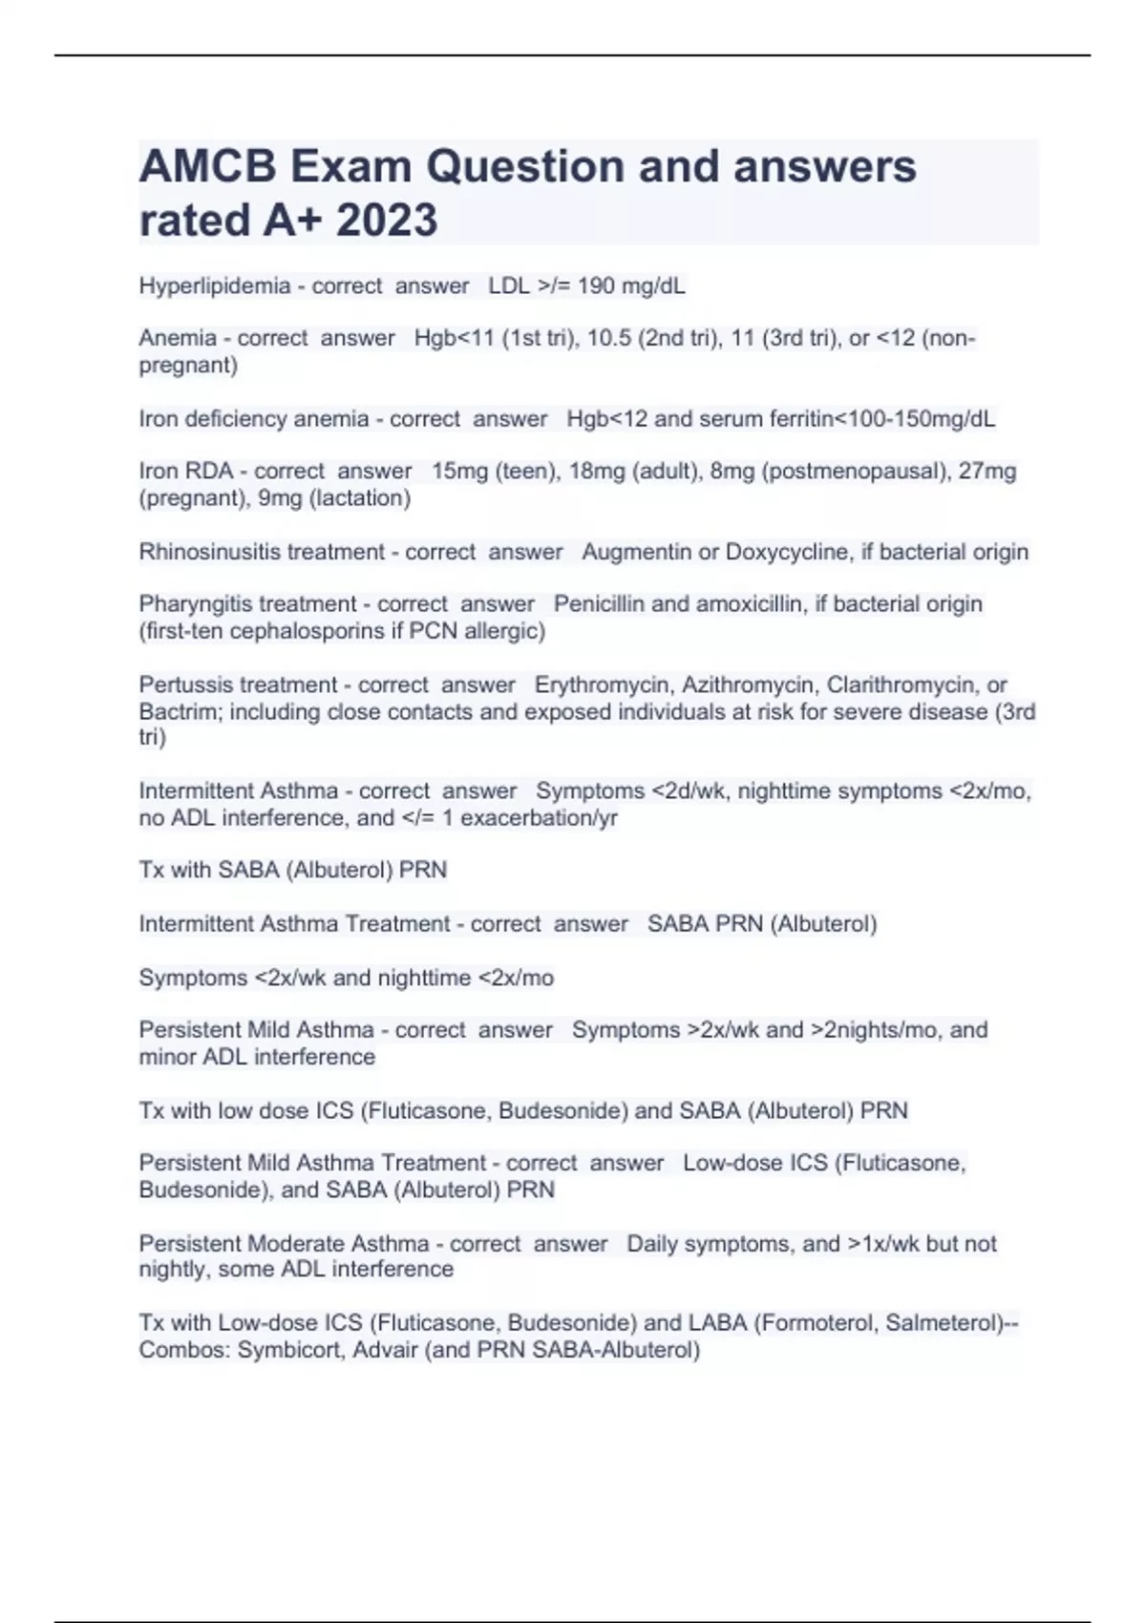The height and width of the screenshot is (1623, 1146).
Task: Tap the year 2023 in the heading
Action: coord(387,221)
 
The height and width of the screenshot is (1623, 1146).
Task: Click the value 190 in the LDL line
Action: coord(596,285)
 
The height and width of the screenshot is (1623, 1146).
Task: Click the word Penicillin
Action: coord(599,604)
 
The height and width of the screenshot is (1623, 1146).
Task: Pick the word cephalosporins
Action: coord(317,631)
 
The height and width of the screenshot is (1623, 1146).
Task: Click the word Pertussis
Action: coord(185,685)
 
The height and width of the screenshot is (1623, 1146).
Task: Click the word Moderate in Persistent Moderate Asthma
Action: coord(297,1244)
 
